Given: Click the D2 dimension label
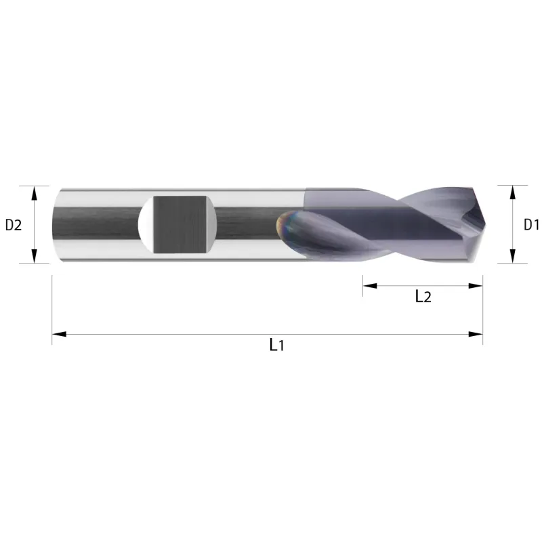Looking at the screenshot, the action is point(14,225).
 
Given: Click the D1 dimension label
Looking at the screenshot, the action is point(531,225).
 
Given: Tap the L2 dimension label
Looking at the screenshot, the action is point(423,297).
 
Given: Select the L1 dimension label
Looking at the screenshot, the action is point(276,345).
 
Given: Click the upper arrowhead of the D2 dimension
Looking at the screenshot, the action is point(34,193).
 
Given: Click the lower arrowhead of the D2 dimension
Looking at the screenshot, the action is point(34,256).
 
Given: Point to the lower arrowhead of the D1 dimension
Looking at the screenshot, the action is point(513,256).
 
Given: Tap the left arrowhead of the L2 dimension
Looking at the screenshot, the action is point(370,286).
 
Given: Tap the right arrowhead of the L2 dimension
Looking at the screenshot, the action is point(476,286).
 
